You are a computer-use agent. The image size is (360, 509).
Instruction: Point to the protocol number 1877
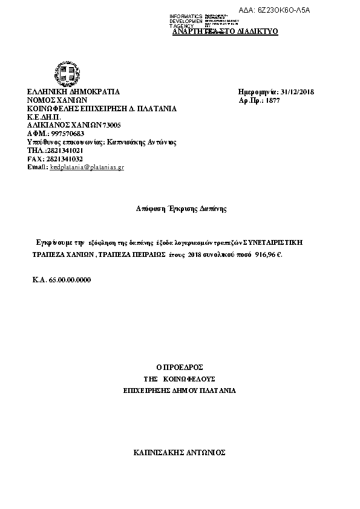tap(273, 100)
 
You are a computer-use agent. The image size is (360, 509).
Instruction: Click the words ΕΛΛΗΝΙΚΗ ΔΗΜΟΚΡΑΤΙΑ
tap(73, 92)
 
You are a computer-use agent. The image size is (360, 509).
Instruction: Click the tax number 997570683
tap(67, 134)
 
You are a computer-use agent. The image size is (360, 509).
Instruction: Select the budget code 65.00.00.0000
tap(70, 280)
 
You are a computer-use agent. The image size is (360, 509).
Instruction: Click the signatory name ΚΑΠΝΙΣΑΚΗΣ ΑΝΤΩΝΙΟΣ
tap(179, 452)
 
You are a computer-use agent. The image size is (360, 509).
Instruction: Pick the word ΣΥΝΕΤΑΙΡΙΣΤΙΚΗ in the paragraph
tap(271, 242)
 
